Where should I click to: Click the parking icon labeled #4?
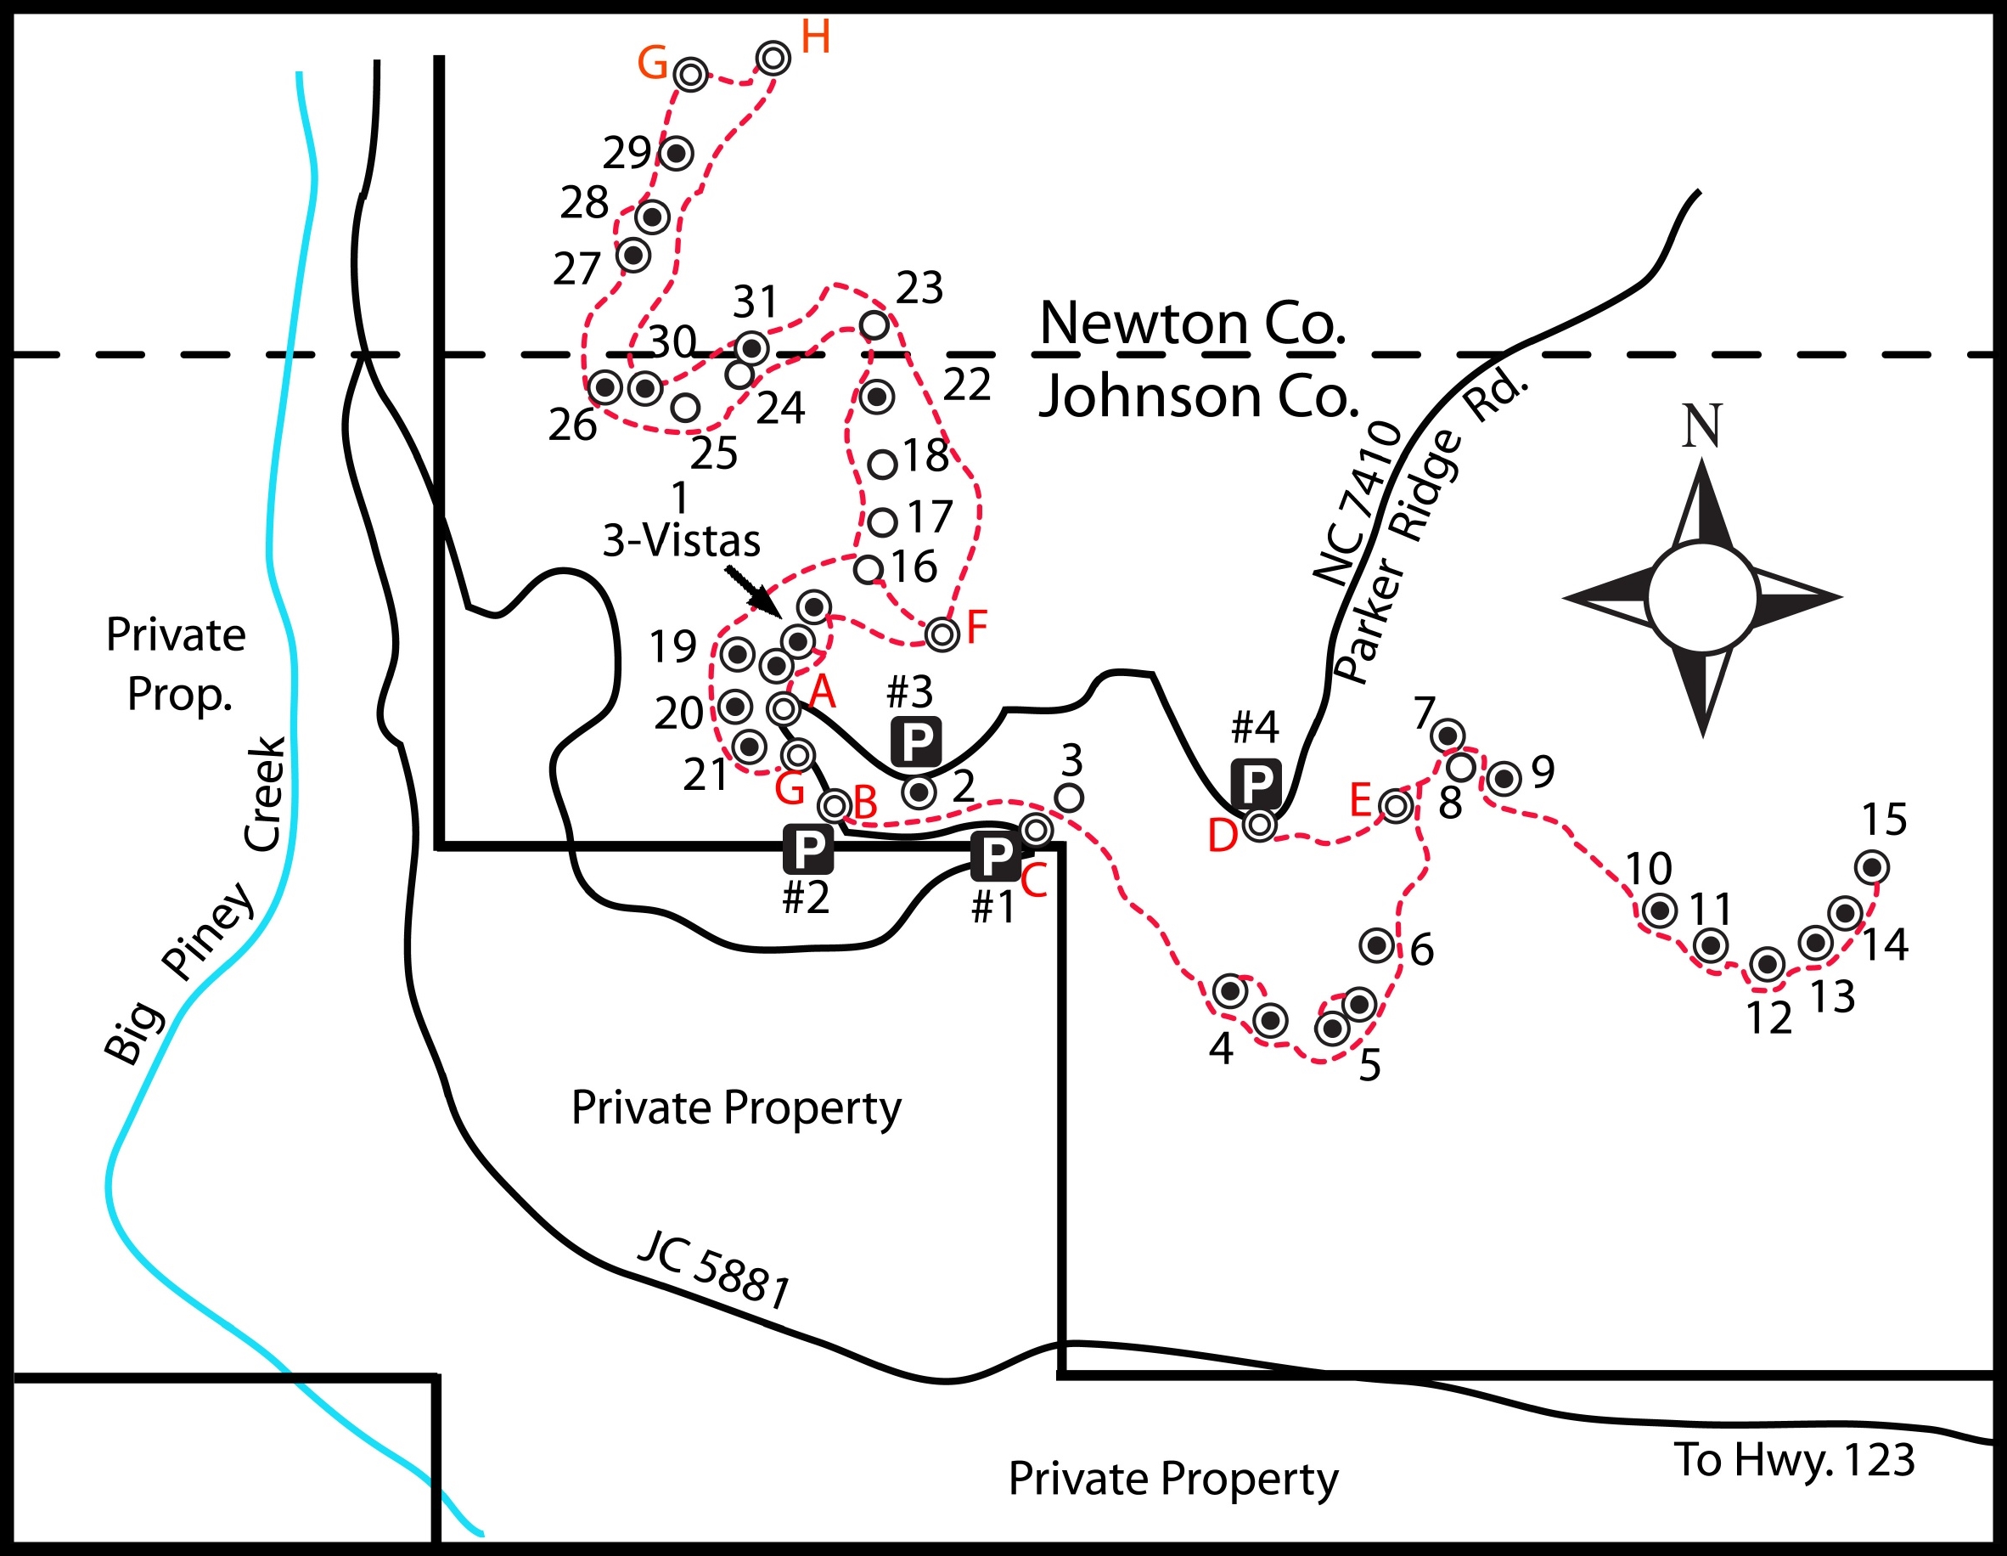[1256, 785]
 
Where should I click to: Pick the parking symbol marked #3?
[916, 741]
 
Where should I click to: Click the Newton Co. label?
[1193, 324]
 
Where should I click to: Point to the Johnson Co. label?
[1198, 396]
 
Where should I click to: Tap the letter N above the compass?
[1702, 426]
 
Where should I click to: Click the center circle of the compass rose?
[1703, 597]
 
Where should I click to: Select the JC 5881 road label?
[714, 1269]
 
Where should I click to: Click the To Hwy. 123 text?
[1795, 1459]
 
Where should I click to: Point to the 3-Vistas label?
[681, 540]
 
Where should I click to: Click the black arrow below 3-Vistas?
[751, 590]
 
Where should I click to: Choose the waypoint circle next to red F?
[942, 634]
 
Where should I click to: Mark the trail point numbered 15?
[1872, 866]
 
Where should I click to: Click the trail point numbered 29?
[677, 153]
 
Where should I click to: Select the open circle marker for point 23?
[874, 324]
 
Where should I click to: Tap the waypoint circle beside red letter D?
[1259, 826]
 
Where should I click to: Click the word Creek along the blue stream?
[266, 793]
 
